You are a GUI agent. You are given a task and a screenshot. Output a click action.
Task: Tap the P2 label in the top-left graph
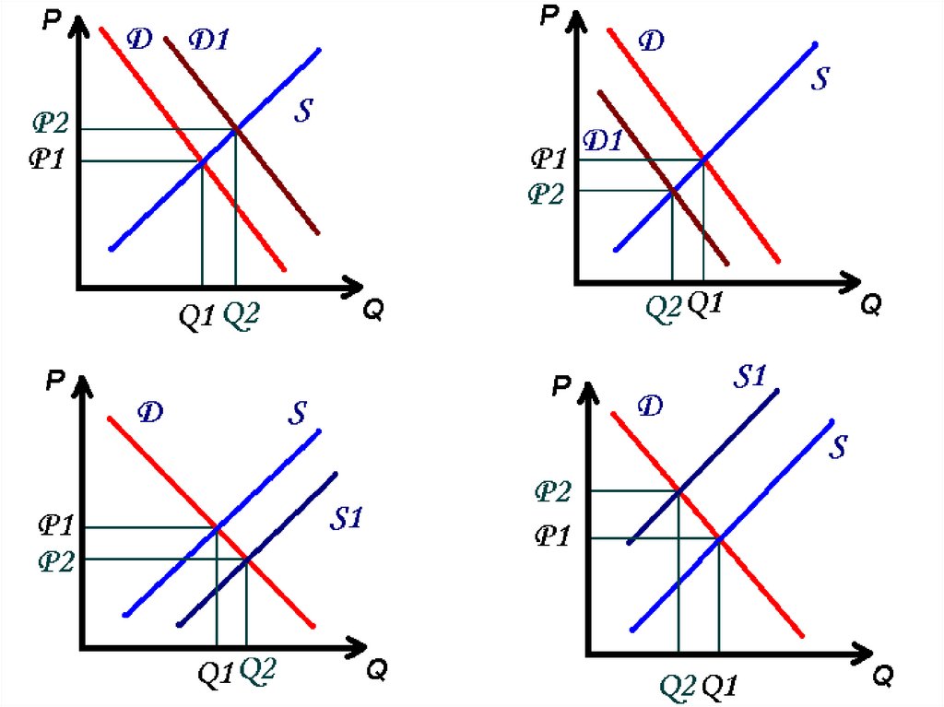50,124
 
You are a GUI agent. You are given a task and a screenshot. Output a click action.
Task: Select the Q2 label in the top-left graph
242,315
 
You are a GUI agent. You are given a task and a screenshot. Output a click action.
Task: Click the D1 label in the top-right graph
604,141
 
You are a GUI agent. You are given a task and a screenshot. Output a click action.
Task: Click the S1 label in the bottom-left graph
346,519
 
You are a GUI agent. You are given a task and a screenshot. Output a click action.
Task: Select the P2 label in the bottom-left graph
54,560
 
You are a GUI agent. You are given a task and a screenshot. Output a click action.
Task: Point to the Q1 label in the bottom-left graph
216,674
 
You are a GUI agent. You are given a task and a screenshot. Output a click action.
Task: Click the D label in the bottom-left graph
149,412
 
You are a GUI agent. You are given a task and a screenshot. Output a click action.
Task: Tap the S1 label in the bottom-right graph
750,376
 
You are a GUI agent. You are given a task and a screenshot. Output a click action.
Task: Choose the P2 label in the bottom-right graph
553,490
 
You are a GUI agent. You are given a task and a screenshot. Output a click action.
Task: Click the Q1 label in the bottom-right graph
720,686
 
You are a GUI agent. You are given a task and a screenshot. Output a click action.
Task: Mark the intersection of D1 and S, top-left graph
236,129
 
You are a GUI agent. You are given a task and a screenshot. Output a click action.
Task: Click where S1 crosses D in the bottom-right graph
679,490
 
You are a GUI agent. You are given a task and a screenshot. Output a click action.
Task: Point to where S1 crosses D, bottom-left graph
246,559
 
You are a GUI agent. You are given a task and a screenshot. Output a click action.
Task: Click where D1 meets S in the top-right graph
672,190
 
